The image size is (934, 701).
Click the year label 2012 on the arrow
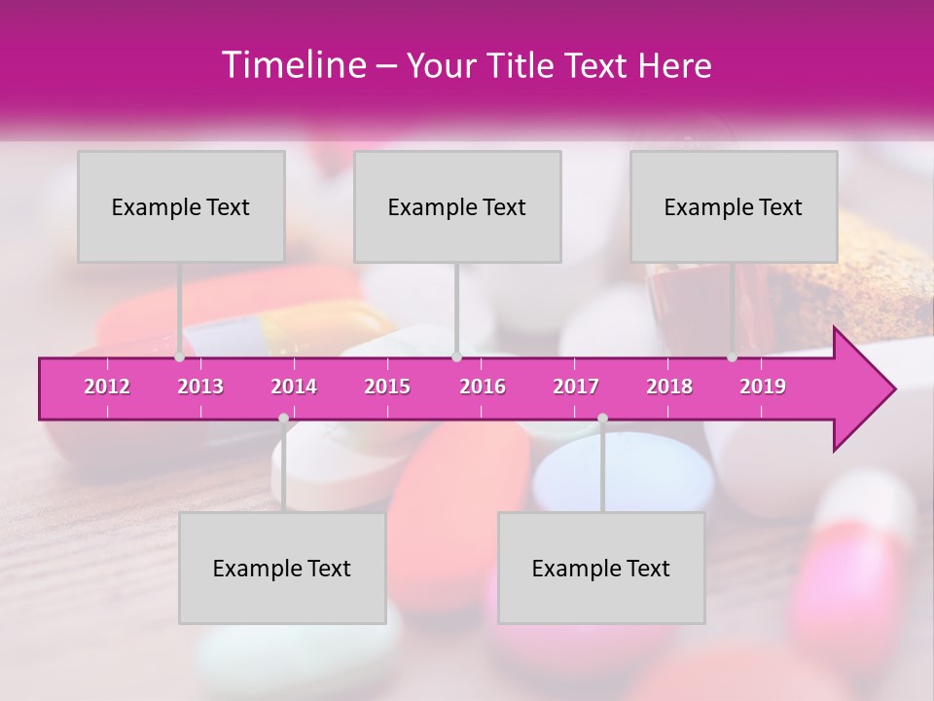coord(107,387)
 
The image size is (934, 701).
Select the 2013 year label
coord(200,387)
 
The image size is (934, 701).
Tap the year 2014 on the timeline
coord(294,387)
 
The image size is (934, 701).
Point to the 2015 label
coord(387,387)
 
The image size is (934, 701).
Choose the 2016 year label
coord(483,387)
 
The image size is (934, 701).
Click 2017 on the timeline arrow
coord(576,387)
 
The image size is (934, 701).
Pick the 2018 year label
coord(669,387)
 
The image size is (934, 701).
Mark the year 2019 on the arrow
coord(763,387)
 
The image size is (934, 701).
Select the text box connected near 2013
coord(181,206)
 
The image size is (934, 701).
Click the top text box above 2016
coord(457,206)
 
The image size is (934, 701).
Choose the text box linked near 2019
coord(734,206)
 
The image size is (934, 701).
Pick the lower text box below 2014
coord(282,568)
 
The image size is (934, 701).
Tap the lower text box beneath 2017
coord(601,568)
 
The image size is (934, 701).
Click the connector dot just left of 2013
coord(180,357)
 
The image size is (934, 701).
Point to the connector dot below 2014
coord(283,419)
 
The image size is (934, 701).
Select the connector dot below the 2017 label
coord(602,419)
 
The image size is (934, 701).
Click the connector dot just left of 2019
coord(733,357)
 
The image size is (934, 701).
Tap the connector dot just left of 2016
coord(456,357)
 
